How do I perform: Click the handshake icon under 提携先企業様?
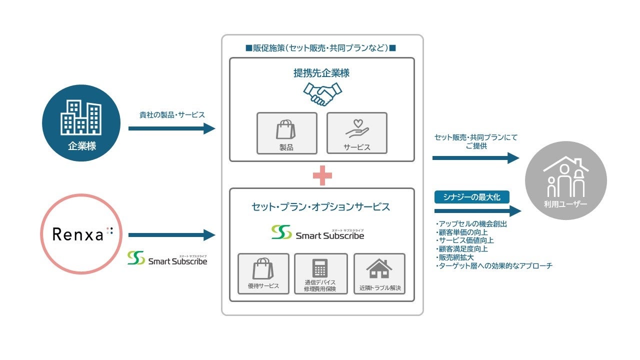(322, 94)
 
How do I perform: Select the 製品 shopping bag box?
(286, 133)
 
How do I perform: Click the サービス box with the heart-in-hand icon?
(356, 133)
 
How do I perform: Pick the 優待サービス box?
(263, 273)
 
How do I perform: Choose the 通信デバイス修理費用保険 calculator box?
(320, 273)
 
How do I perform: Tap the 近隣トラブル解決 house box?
(379, 273)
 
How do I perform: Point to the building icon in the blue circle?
(81, 117)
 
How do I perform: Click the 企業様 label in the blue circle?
(81, 146)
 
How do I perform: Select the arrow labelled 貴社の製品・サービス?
(171, 128)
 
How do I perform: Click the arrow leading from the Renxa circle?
(171, 234)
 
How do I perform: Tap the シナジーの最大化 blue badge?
(471, 197)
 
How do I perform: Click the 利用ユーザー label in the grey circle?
(566, 204)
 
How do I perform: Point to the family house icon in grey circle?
(566, 177)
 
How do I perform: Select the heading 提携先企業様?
(321, 73)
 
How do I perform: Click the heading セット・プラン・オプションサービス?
(321, 206)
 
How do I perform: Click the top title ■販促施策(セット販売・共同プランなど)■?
(321, 48)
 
